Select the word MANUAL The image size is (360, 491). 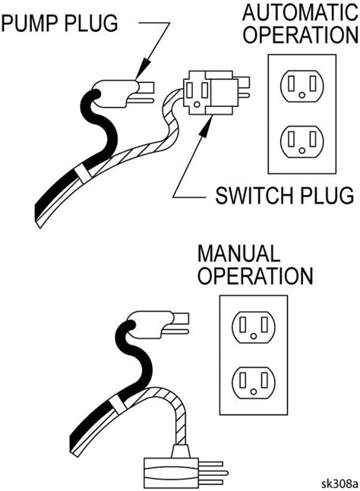point(236,252)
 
